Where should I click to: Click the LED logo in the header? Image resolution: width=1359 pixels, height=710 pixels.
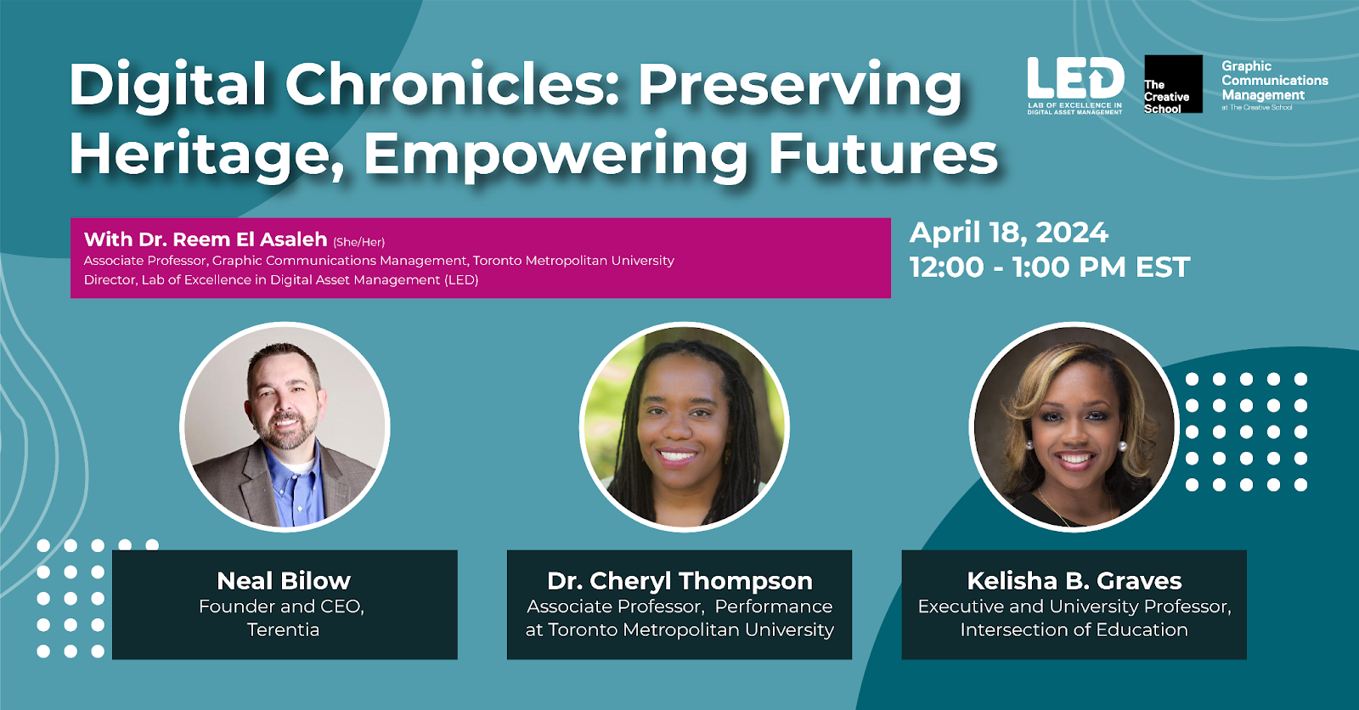[x=1074, y=85]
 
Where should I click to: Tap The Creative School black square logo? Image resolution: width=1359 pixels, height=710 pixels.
[x=1173, y=84]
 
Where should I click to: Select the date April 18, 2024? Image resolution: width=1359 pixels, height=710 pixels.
[x=1008, y=233]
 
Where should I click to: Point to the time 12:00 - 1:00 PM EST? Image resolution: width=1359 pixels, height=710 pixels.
[x=1050, y=267]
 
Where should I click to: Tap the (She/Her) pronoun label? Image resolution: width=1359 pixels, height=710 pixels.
[x=358, y=242]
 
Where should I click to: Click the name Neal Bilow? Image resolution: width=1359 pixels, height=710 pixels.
[x=284, y=581]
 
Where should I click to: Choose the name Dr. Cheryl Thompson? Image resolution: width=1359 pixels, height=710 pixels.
[x=679, y=581]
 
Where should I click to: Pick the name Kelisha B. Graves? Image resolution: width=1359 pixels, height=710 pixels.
[x=1074, y=581]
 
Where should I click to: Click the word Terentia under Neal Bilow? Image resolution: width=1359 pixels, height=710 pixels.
[x=283, y=629]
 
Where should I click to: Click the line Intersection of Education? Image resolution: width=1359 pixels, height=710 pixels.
[x=1074, y=630]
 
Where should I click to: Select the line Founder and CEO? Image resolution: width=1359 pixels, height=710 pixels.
[x=281, y=606]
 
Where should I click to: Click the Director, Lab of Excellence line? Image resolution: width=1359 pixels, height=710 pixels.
[x=281, y=279]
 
